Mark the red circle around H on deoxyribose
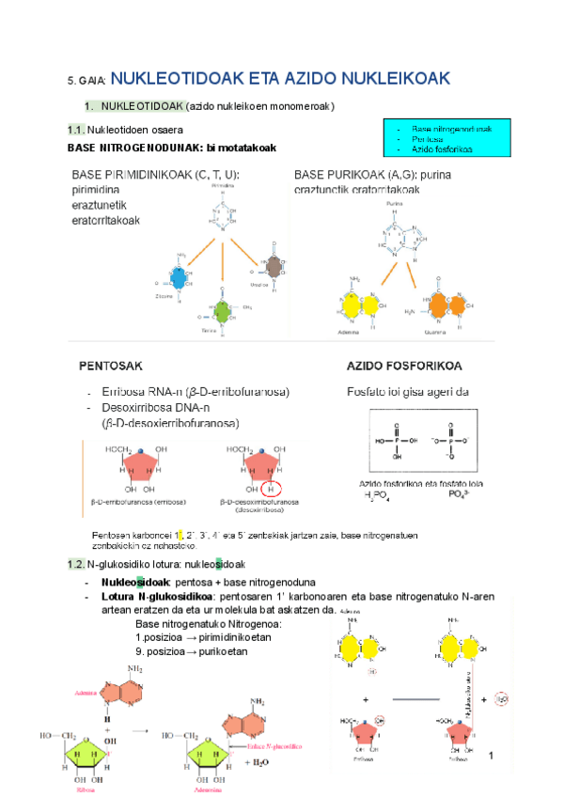pos(272,489)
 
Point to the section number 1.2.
pos(76,564)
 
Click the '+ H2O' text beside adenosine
pos(256,763)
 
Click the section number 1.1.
pos(76,129)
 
